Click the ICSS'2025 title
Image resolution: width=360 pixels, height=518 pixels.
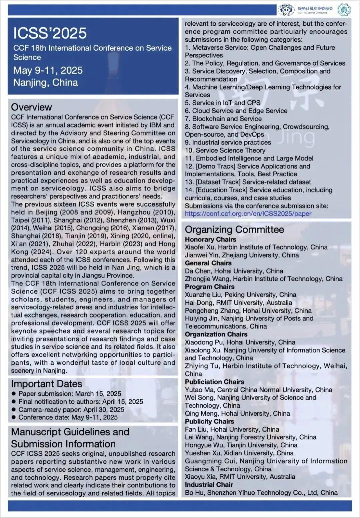pyautogui.click(x=50, y=33)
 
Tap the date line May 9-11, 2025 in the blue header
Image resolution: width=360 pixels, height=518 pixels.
pyautogui.click(x=48, y=70)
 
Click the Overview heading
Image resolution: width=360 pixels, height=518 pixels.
pyautogui.click(x=31, y=107)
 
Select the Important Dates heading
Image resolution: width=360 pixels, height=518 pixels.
pyautogui.click(x=46, y=384)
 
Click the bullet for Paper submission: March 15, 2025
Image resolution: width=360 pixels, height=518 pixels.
pyautogui.click(x=14, y=394)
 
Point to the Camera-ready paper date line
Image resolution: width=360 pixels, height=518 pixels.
pyautogui.click(x=71, y=409)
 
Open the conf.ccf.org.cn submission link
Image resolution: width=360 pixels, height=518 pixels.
pyautogui.click(x=248, y=214)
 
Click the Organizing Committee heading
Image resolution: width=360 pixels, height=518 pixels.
pyautogui.click(x=234, y=230)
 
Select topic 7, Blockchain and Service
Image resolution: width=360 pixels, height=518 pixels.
pyautogui.click(x=223, y=119)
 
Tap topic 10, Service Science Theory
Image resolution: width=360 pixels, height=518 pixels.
pyautogui.click(x=225, y=150)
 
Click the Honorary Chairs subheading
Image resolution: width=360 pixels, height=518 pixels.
pyautogui.click(x=210, y=239)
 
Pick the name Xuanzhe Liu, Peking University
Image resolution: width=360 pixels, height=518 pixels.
pyautogui.click(x=240, y=294)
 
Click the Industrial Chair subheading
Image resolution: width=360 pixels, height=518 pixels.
pyautogui.click(x=209, y=485)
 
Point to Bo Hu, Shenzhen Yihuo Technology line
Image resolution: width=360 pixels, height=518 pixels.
pyautogui.click(x=261, y=492)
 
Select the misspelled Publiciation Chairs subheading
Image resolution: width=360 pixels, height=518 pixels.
pyautogui.click(x=214, y=382)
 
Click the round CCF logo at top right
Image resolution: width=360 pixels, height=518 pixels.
pyautogui.click(x=286, y=10)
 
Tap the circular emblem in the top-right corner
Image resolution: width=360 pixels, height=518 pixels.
pyautogui.click(x=344, y=10)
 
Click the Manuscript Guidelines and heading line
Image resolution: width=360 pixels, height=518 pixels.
pyautogui.click(x=70, y=432)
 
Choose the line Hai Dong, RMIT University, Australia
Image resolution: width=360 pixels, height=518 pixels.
pyautogui.click(x=238, y=302)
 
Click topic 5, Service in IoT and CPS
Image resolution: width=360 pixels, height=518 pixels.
pyautogui.click(x=223, y=103)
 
